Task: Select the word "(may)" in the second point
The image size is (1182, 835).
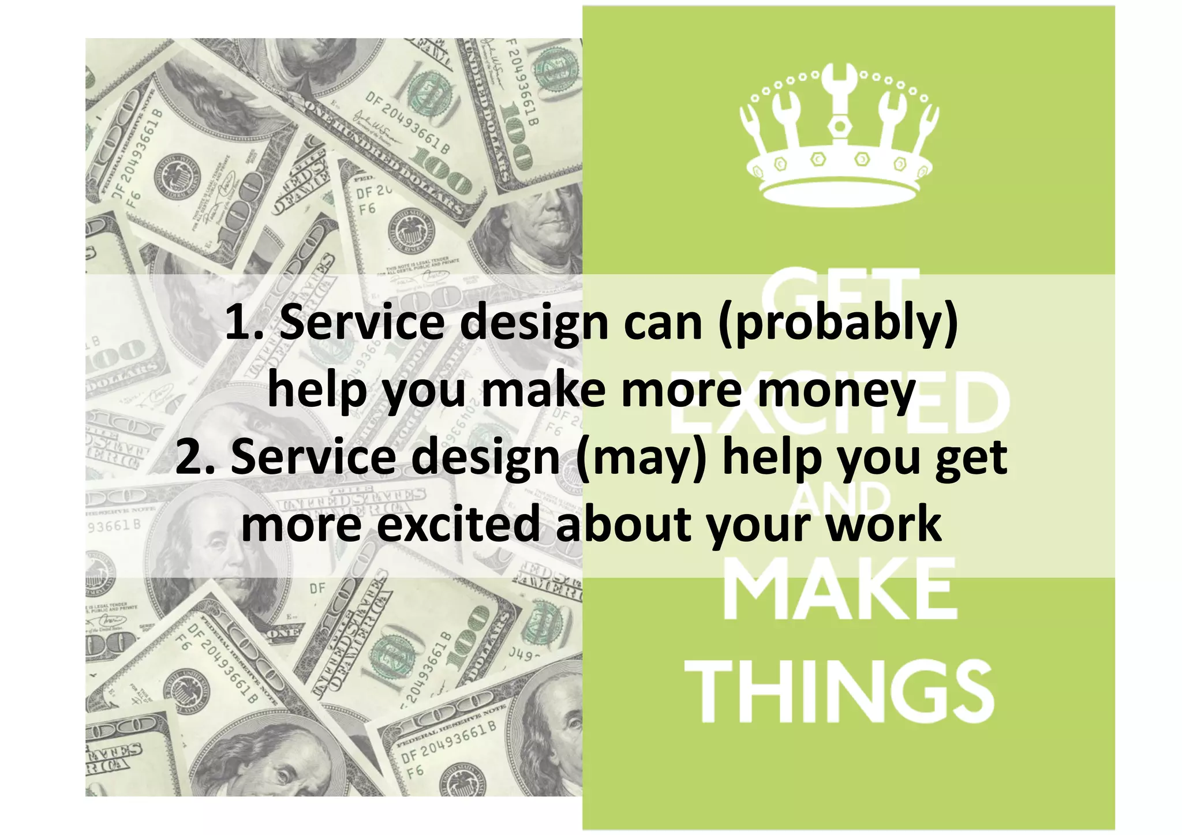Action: [x=641, y=458]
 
